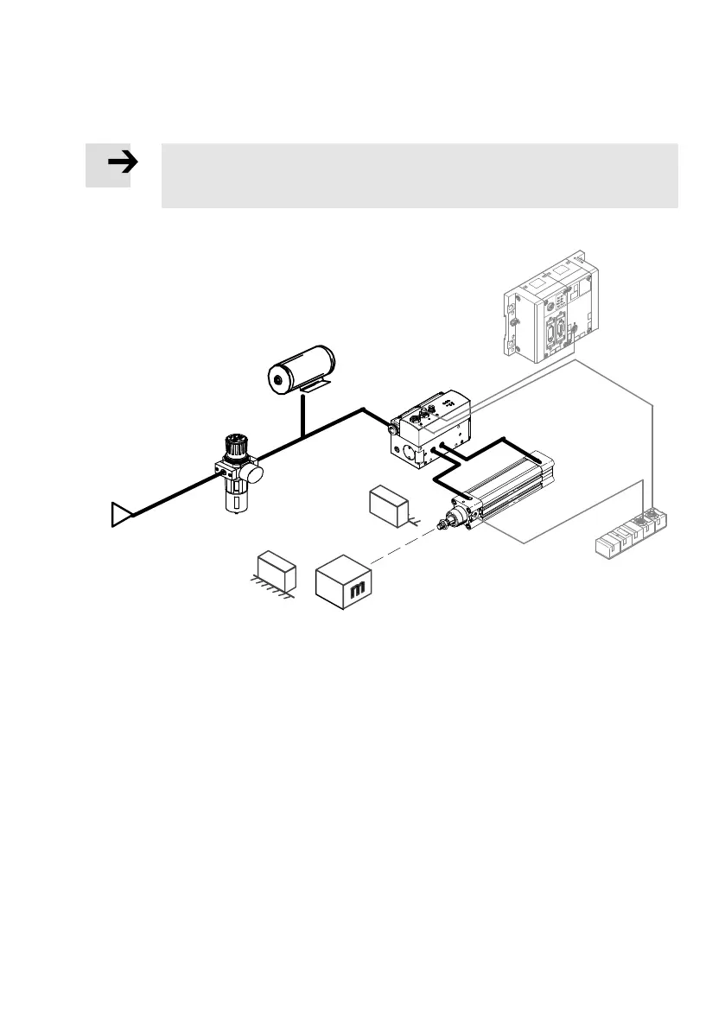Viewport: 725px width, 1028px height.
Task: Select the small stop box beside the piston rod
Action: click(x=388, y=503)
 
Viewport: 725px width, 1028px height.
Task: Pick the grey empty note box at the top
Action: click(x=419, y=175)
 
